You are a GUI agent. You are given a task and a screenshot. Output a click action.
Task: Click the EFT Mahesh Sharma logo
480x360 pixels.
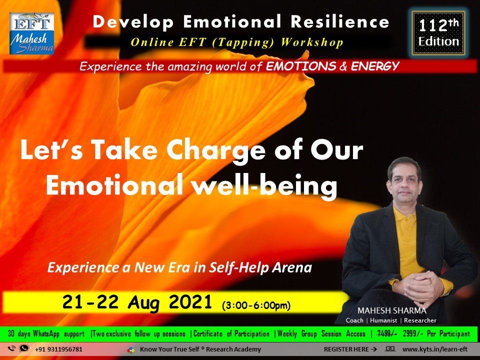(31, 33)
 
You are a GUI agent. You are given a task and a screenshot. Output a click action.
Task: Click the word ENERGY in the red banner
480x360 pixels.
(374, 66)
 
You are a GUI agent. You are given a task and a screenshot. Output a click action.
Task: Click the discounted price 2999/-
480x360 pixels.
(413, 333)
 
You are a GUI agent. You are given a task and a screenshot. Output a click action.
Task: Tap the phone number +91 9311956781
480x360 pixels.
(59, 349)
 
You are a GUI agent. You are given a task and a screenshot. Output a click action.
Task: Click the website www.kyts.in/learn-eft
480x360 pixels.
(434, 349)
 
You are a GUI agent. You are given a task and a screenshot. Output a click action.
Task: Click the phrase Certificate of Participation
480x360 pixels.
(231, 333)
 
